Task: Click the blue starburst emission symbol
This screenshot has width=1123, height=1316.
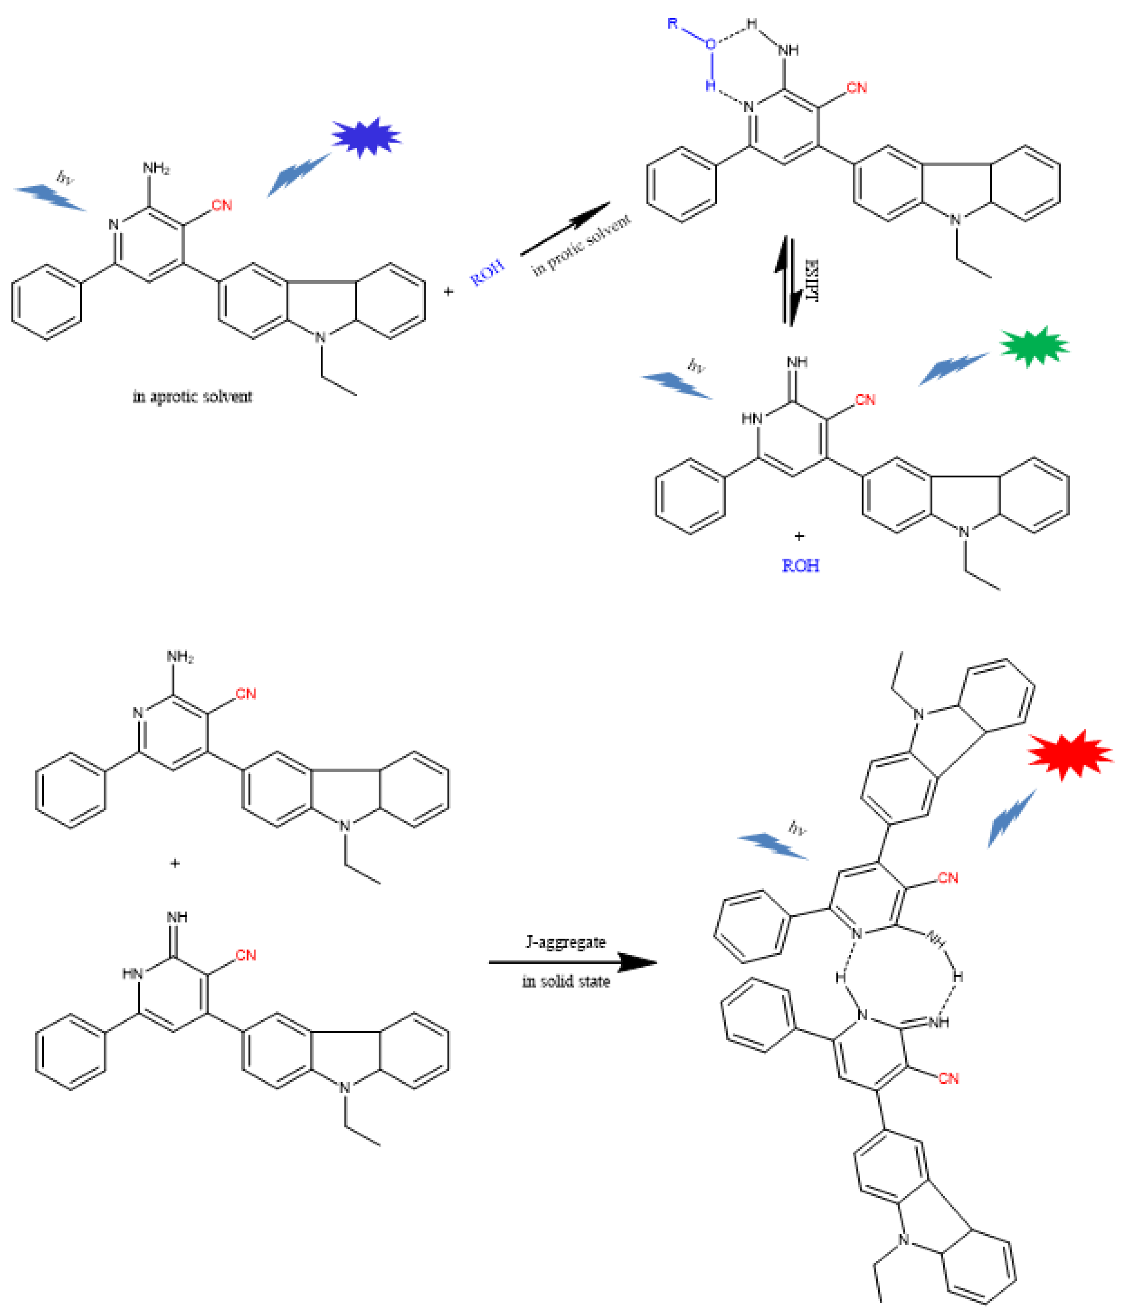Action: [366, 137]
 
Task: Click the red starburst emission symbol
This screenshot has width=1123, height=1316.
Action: [1070, 754]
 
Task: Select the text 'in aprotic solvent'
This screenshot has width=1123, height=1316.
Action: [192, 397]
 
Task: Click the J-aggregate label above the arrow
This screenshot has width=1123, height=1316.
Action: [565, 942]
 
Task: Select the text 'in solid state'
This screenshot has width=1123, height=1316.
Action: [565, 981]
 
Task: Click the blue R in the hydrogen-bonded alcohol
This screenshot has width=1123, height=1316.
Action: [673, 24]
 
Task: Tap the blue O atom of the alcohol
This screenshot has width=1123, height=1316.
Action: [711, 44]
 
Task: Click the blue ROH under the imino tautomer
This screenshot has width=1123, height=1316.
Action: [800, 565]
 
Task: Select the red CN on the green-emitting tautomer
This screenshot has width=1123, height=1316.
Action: [864, 400]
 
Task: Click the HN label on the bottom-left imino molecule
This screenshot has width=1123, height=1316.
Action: [132, 973]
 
